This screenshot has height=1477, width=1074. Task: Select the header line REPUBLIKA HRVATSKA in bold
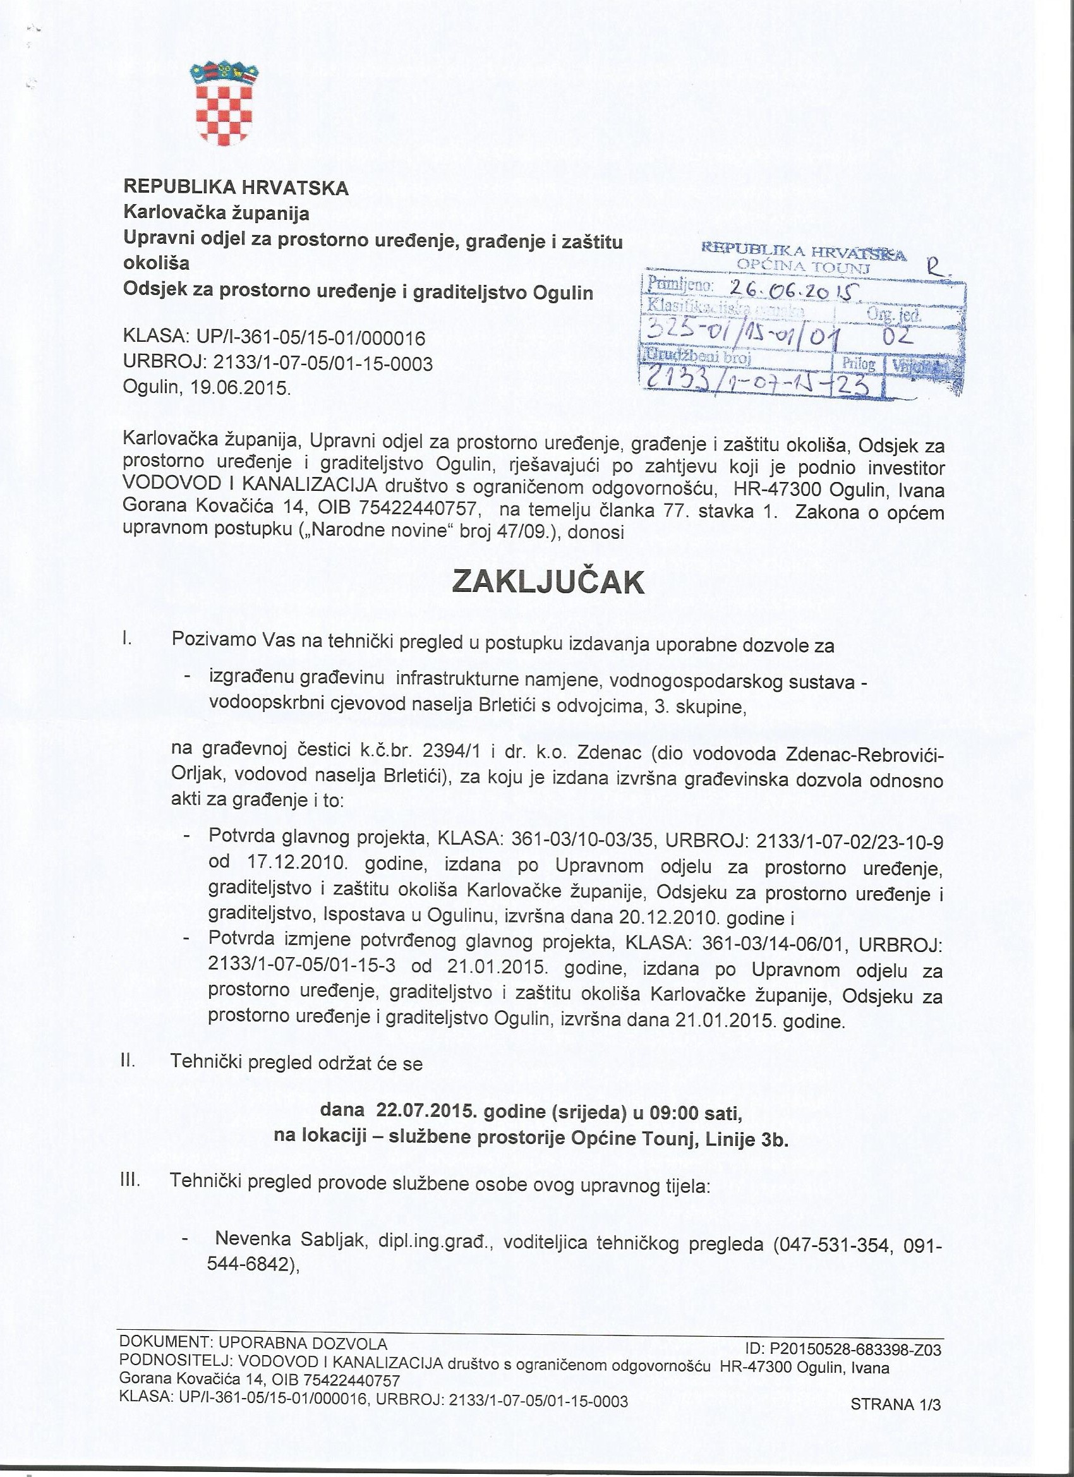[x=236, y=188]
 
